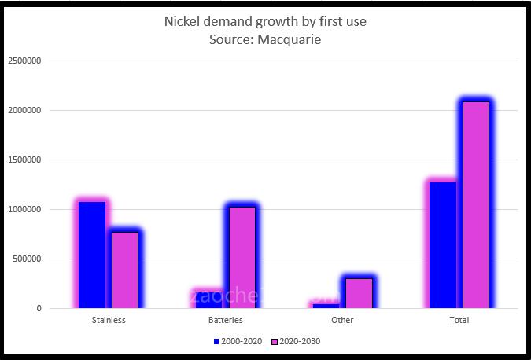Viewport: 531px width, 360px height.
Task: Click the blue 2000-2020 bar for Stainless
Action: (x=92, y=255)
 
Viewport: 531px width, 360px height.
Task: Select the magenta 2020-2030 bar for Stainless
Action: (x=124, y=270)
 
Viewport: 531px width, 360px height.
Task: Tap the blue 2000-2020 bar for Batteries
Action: (x=208, y=299)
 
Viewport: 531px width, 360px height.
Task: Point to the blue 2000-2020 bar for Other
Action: (x=326, y=305)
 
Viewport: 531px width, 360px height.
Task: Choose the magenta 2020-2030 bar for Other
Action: (x=359, y=292)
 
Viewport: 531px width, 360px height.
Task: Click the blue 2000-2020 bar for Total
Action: (x=443, y=244)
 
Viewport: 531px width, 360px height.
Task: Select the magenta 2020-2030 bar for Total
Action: (x=476, y=204)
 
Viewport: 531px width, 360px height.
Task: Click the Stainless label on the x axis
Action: (x=109, y=321)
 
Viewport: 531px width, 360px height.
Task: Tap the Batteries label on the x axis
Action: (x=225, y=321)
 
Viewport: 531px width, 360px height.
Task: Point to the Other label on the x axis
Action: (x=342, y=321)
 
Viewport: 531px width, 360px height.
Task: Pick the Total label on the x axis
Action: (x=459, y=321)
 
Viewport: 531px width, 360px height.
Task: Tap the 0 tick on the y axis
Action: (x=38, y=309)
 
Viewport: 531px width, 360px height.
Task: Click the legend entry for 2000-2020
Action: (x=238, y=342)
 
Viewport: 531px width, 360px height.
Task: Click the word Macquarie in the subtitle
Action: (x=286, y=39)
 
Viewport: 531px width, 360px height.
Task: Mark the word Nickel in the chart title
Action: (x=181, y=21)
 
